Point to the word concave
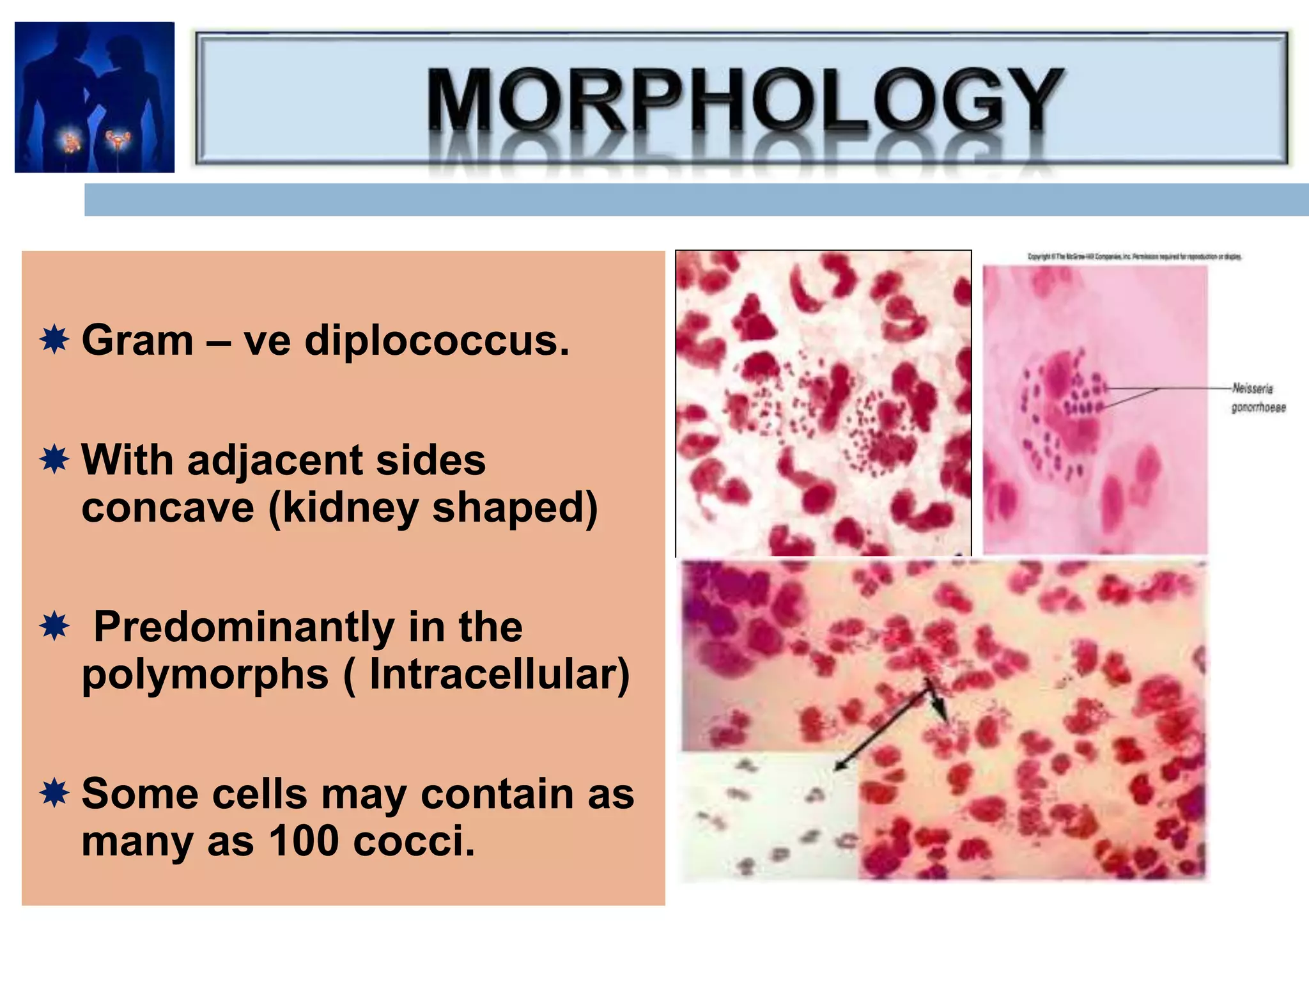point(167,508)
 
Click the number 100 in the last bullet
point(304,841)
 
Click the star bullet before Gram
point(54,339)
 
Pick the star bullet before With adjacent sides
point(54,459)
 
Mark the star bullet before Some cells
point(54,793)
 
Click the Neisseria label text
point(1252,389)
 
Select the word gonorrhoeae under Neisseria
point(1258,408)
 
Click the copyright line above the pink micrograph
point(1134,257)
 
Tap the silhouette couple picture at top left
point(95,97)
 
